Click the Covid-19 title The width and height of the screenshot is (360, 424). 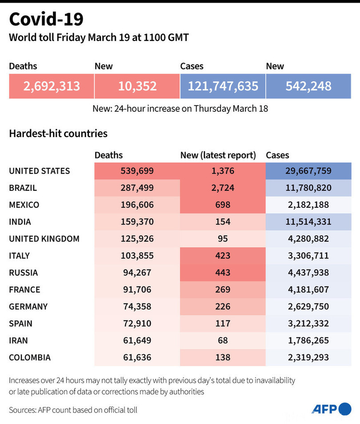point(46,20)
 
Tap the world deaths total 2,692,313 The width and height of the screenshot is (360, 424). point(52,86)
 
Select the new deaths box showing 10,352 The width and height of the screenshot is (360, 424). point(137,86)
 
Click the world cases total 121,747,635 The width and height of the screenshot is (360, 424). point(223,86)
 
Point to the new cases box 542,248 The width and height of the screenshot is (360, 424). point(308,86)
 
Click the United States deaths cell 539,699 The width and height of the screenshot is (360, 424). point(137,171)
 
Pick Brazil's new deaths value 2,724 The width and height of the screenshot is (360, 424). point(223,188)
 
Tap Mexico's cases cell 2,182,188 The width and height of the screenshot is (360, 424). point(308,205)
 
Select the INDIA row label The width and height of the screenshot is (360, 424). point(20,222)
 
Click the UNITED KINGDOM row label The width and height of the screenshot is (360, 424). point(44,238)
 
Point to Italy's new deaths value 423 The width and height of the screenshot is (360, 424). point(223,255)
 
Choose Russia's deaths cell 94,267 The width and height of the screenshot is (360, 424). point(137,272)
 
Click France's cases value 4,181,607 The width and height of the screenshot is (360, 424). point(308,289)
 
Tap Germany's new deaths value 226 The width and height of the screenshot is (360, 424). point(223,306)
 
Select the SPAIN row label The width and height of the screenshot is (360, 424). point(20,323)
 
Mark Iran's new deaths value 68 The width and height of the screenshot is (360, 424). point(223,340)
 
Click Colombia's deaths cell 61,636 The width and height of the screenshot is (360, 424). point(137,357)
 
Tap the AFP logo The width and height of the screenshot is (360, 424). point(331,409)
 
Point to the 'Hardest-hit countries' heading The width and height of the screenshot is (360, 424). point(58,133)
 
